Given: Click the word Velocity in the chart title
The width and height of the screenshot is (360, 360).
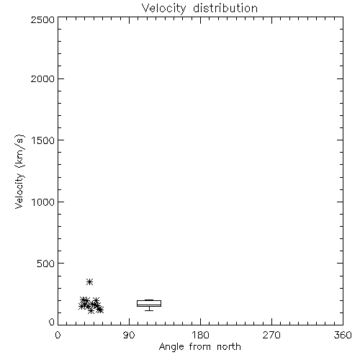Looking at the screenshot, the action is [163, 9].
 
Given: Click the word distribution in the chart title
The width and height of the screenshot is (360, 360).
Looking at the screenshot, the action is [225, 8].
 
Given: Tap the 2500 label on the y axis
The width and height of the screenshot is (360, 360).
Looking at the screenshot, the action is [42, 19].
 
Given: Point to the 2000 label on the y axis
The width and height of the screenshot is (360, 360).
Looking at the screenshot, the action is [42, 78].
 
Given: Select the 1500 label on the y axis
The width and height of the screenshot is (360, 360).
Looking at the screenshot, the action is [43, 140].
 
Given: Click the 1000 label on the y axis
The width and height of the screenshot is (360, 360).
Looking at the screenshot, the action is [43, 202].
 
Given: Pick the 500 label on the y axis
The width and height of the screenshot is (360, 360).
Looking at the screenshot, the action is [46, 264].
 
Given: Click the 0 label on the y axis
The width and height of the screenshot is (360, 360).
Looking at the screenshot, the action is [52, 322].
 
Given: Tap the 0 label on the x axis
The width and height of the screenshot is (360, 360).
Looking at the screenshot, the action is [58, 335].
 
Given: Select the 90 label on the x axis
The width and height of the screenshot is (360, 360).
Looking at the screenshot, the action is [129, 335].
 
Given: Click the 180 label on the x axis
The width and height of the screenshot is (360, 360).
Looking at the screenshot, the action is [200, 335].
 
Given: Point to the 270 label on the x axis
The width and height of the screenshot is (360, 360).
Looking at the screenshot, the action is [271, 335].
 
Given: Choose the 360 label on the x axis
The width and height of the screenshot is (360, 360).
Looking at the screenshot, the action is [343, 335].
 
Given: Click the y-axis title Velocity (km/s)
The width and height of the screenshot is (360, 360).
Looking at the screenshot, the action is [19, 171].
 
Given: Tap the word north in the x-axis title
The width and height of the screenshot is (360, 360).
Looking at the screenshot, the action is [229, 346].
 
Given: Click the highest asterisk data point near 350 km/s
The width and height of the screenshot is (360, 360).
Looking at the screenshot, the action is [89, 282].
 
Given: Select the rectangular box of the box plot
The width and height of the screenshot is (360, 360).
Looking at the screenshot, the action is [149, 303].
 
